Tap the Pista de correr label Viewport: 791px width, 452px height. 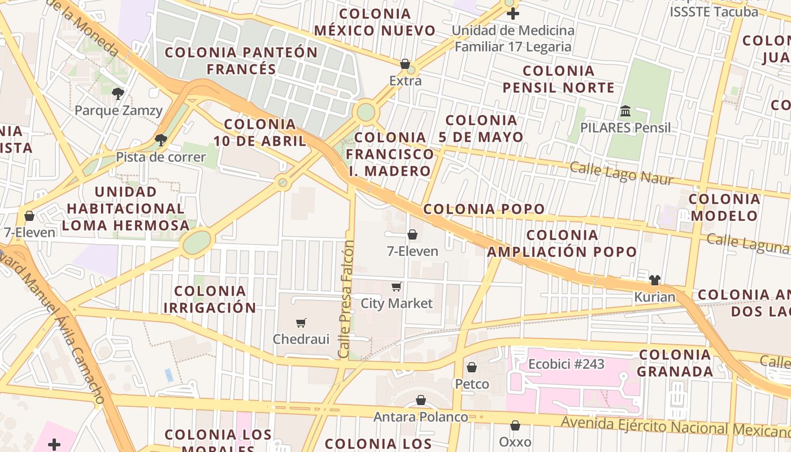click(160, 157)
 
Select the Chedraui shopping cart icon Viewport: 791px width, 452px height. click(301, 323)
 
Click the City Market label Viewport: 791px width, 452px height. click(397, 303)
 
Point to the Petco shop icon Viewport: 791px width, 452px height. click(472, 368)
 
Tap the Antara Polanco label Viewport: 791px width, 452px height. click(420, 417)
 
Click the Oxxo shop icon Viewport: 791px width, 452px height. click(515, 425)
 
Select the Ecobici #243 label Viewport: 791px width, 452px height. click(566, 364)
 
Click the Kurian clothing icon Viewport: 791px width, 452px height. click(654, 280)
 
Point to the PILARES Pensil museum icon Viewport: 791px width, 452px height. click(625, 111)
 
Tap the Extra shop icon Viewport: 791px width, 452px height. click(405, 64)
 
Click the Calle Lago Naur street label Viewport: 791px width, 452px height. click(621, 173)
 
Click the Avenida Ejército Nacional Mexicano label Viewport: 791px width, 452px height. click(675, 428)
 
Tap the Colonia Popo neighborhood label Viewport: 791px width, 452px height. click(484, 209)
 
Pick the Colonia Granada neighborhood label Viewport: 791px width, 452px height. click(675, 363)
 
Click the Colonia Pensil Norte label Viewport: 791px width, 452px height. click(558, 79)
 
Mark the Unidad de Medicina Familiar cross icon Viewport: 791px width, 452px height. click(513, 14)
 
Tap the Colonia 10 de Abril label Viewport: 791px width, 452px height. click(260, 132)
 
